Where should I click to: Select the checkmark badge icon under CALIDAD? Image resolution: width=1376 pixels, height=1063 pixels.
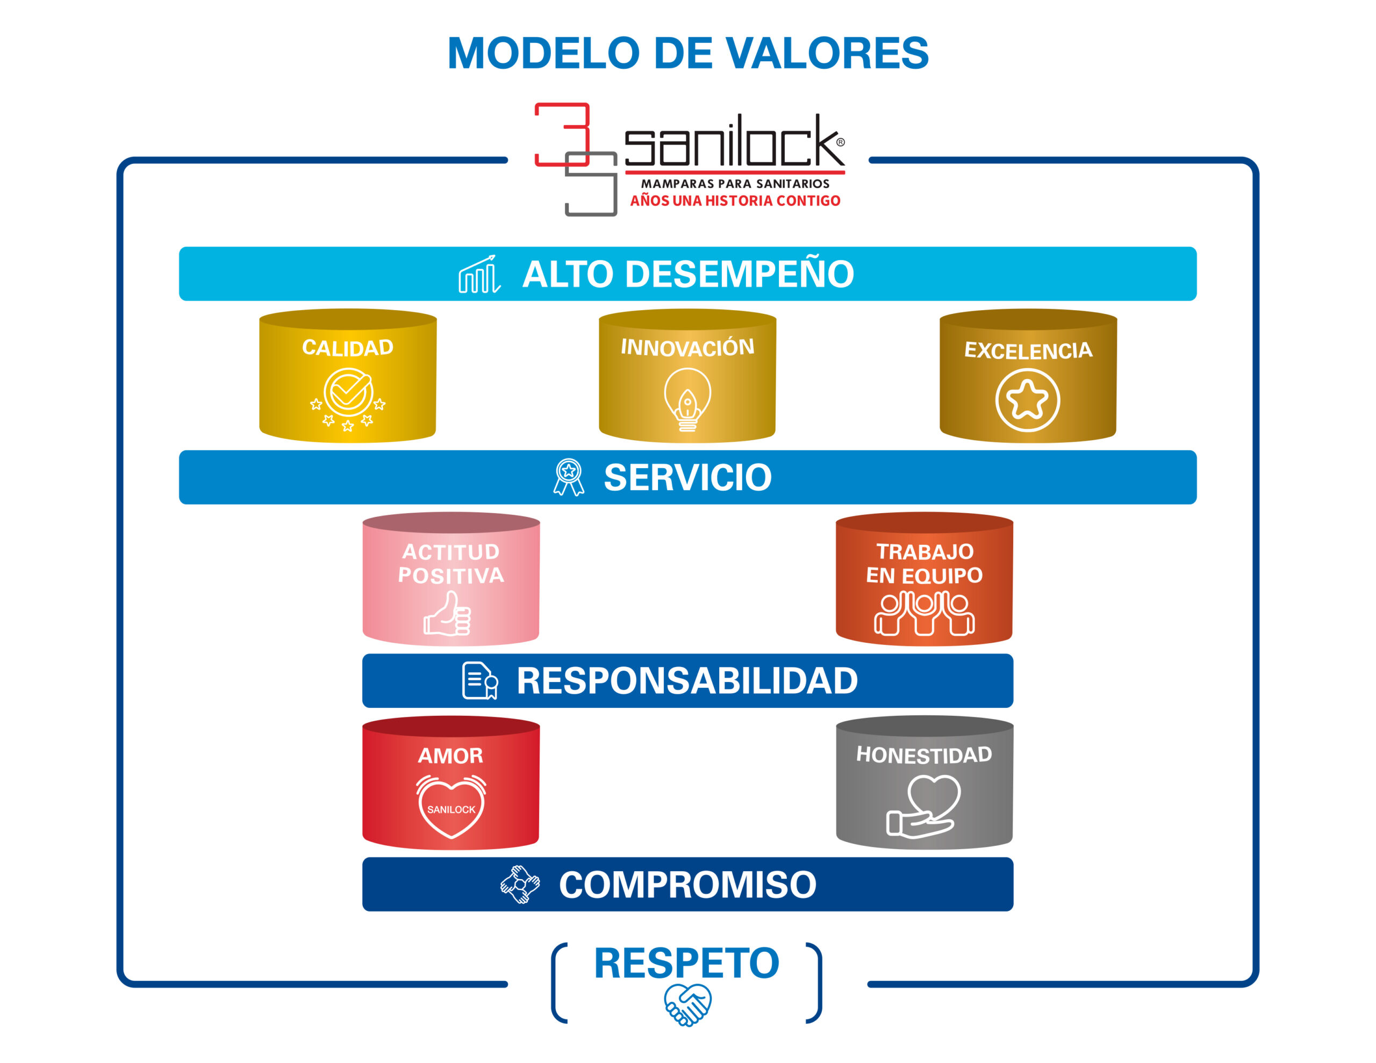pyautogui.click(x=348, y=397)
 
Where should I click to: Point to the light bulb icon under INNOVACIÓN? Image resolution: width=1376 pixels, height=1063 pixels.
pyautogui.click(x=687, y=399)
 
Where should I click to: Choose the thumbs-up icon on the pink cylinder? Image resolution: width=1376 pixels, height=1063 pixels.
pyautogui.click(x=448, y=614)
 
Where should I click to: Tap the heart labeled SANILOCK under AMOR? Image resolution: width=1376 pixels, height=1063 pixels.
pyautogui.click(x=451, y=807)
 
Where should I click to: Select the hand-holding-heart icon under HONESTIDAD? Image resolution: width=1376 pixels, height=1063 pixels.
pyautogui.click(x=924, y=806)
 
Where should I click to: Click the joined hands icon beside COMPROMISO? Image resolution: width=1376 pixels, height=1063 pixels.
pyautogui.click(x=520, y=884)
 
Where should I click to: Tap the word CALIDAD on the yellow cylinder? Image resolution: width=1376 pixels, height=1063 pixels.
pyautogui.click(x=348, y=347)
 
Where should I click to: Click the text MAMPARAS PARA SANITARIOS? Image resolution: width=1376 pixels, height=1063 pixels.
pyautogui.click(x=735, y=184)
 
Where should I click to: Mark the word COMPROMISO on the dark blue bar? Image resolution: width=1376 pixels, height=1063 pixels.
pyautogui.click(x=687, y=885)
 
